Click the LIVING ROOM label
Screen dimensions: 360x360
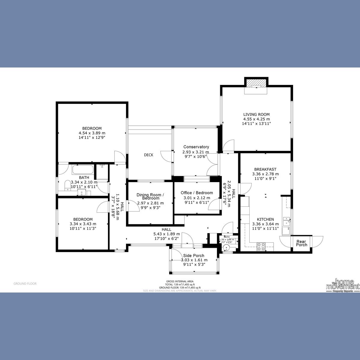point(256,114)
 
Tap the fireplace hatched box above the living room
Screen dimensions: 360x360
point(256,82)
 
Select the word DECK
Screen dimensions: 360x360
point(148,155)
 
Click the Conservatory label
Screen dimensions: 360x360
point(196,147)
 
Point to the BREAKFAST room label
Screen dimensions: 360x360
point(265,169)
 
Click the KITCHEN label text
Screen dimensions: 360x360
point(265,219)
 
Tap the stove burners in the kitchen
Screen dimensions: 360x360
point(261,246)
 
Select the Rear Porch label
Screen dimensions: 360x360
point(301,243)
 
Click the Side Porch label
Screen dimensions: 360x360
point(194,256)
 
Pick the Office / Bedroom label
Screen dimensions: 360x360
point(197,193)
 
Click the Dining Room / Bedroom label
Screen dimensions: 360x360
point(150,196)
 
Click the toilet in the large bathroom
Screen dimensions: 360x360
point(67,184)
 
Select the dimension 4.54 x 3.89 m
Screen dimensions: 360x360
point(92,133)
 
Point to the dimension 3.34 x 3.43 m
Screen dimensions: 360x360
point(83,224)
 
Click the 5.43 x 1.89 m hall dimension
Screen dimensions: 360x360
point(166,234)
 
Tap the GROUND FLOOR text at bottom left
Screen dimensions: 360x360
point(25,283)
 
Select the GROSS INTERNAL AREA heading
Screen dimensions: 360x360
point(180,281)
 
